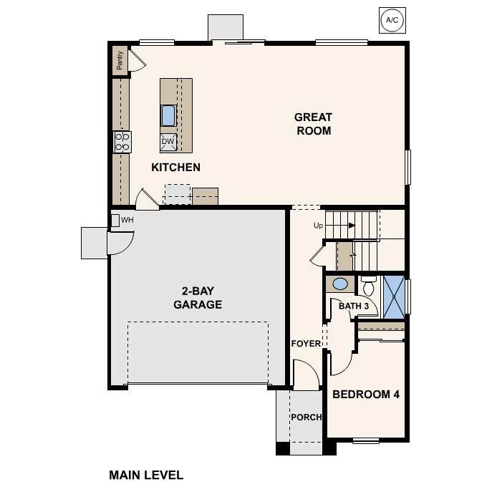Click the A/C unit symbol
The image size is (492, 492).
pyautogui.click(x=392, y=20)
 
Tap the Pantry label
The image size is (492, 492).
pyautogui.click(x=120, y=60)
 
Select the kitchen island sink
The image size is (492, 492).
pyautogui.click(x=168, y=115)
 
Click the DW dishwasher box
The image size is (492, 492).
pyautogui.click(x=168, y=142)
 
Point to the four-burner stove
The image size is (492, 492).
pyautogui.click(x=122, y=142)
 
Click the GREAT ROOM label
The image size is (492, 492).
pyautogui.click(x=313, y=124)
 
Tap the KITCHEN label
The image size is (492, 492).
pyautogui.click(x=175, y=168)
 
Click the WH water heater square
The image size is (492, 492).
pyautogui.click(x=115, y=221)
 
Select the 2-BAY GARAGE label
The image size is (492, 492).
pyautogui.click(x=198, y=298)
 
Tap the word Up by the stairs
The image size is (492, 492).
pyautogui.click(x=318, y=226)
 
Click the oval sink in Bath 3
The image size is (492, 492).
pyautogui.click(x=340, y=284)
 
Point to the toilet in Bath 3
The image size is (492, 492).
pyautogui.click(x=368, y=286)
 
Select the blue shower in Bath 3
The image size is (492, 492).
pyautogui.click(x=394, y=297)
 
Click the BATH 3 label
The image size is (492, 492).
pyautogui.click(x=354, y=306)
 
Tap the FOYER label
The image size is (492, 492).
pyautogui.click(x=306, y=344)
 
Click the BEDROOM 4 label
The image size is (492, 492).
pyautogui.click(x=366, y=395)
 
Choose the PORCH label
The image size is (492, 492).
pyautogui.click(x=307, y=418)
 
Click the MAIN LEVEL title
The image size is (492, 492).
pyautogui.click(x=146, y=475)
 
